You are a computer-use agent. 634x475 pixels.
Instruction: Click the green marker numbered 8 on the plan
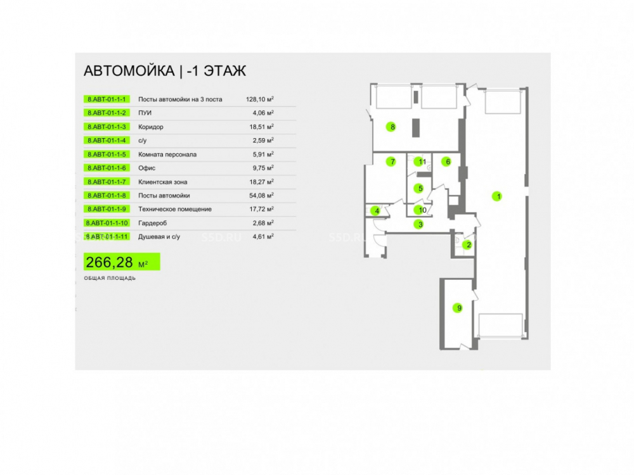coord(391,127)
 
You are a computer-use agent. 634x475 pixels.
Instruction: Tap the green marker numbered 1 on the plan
coord(497,196)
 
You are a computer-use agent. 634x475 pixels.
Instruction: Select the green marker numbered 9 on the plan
coord(457,308)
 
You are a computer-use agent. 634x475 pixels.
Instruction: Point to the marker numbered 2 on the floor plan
coord(467,244)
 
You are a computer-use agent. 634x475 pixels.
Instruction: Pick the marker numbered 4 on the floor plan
coord(375,210)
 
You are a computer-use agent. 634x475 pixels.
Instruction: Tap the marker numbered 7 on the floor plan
coord(391,161)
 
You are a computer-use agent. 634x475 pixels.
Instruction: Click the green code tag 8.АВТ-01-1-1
coord(107,99)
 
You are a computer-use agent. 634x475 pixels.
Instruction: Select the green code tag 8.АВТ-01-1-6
coord(107,168)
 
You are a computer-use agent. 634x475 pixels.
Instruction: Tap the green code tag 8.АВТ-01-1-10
coord(107,223)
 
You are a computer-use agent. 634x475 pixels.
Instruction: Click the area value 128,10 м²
coord(259,99)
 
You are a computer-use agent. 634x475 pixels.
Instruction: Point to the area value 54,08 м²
coord(261,196)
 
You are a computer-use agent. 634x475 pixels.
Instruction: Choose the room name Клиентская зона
coord(162,182)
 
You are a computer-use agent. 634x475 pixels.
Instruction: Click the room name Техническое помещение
coord(175,209)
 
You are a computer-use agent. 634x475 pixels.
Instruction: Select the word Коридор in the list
coord(151,127)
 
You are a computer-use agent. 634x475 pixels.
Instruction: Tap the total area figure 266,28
coord(109,263)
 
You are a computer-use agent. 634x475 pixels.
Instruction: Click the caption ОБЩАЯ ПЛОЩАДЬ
coord(110,278)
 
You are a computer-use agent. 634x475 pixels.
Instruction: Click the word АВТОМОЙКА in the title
coord(129,71)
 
